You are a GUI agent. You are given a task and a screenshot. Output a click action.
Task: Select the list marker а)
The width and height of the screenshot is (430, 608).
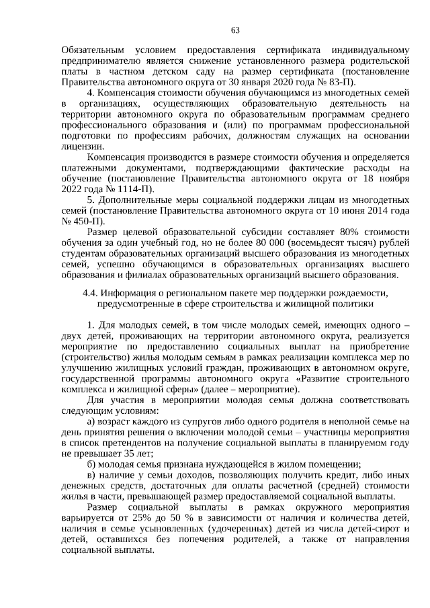(92, 422)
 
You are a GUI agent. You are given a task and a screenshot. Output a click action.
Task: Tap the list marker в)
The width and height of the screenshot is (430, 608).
(92, 476)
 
